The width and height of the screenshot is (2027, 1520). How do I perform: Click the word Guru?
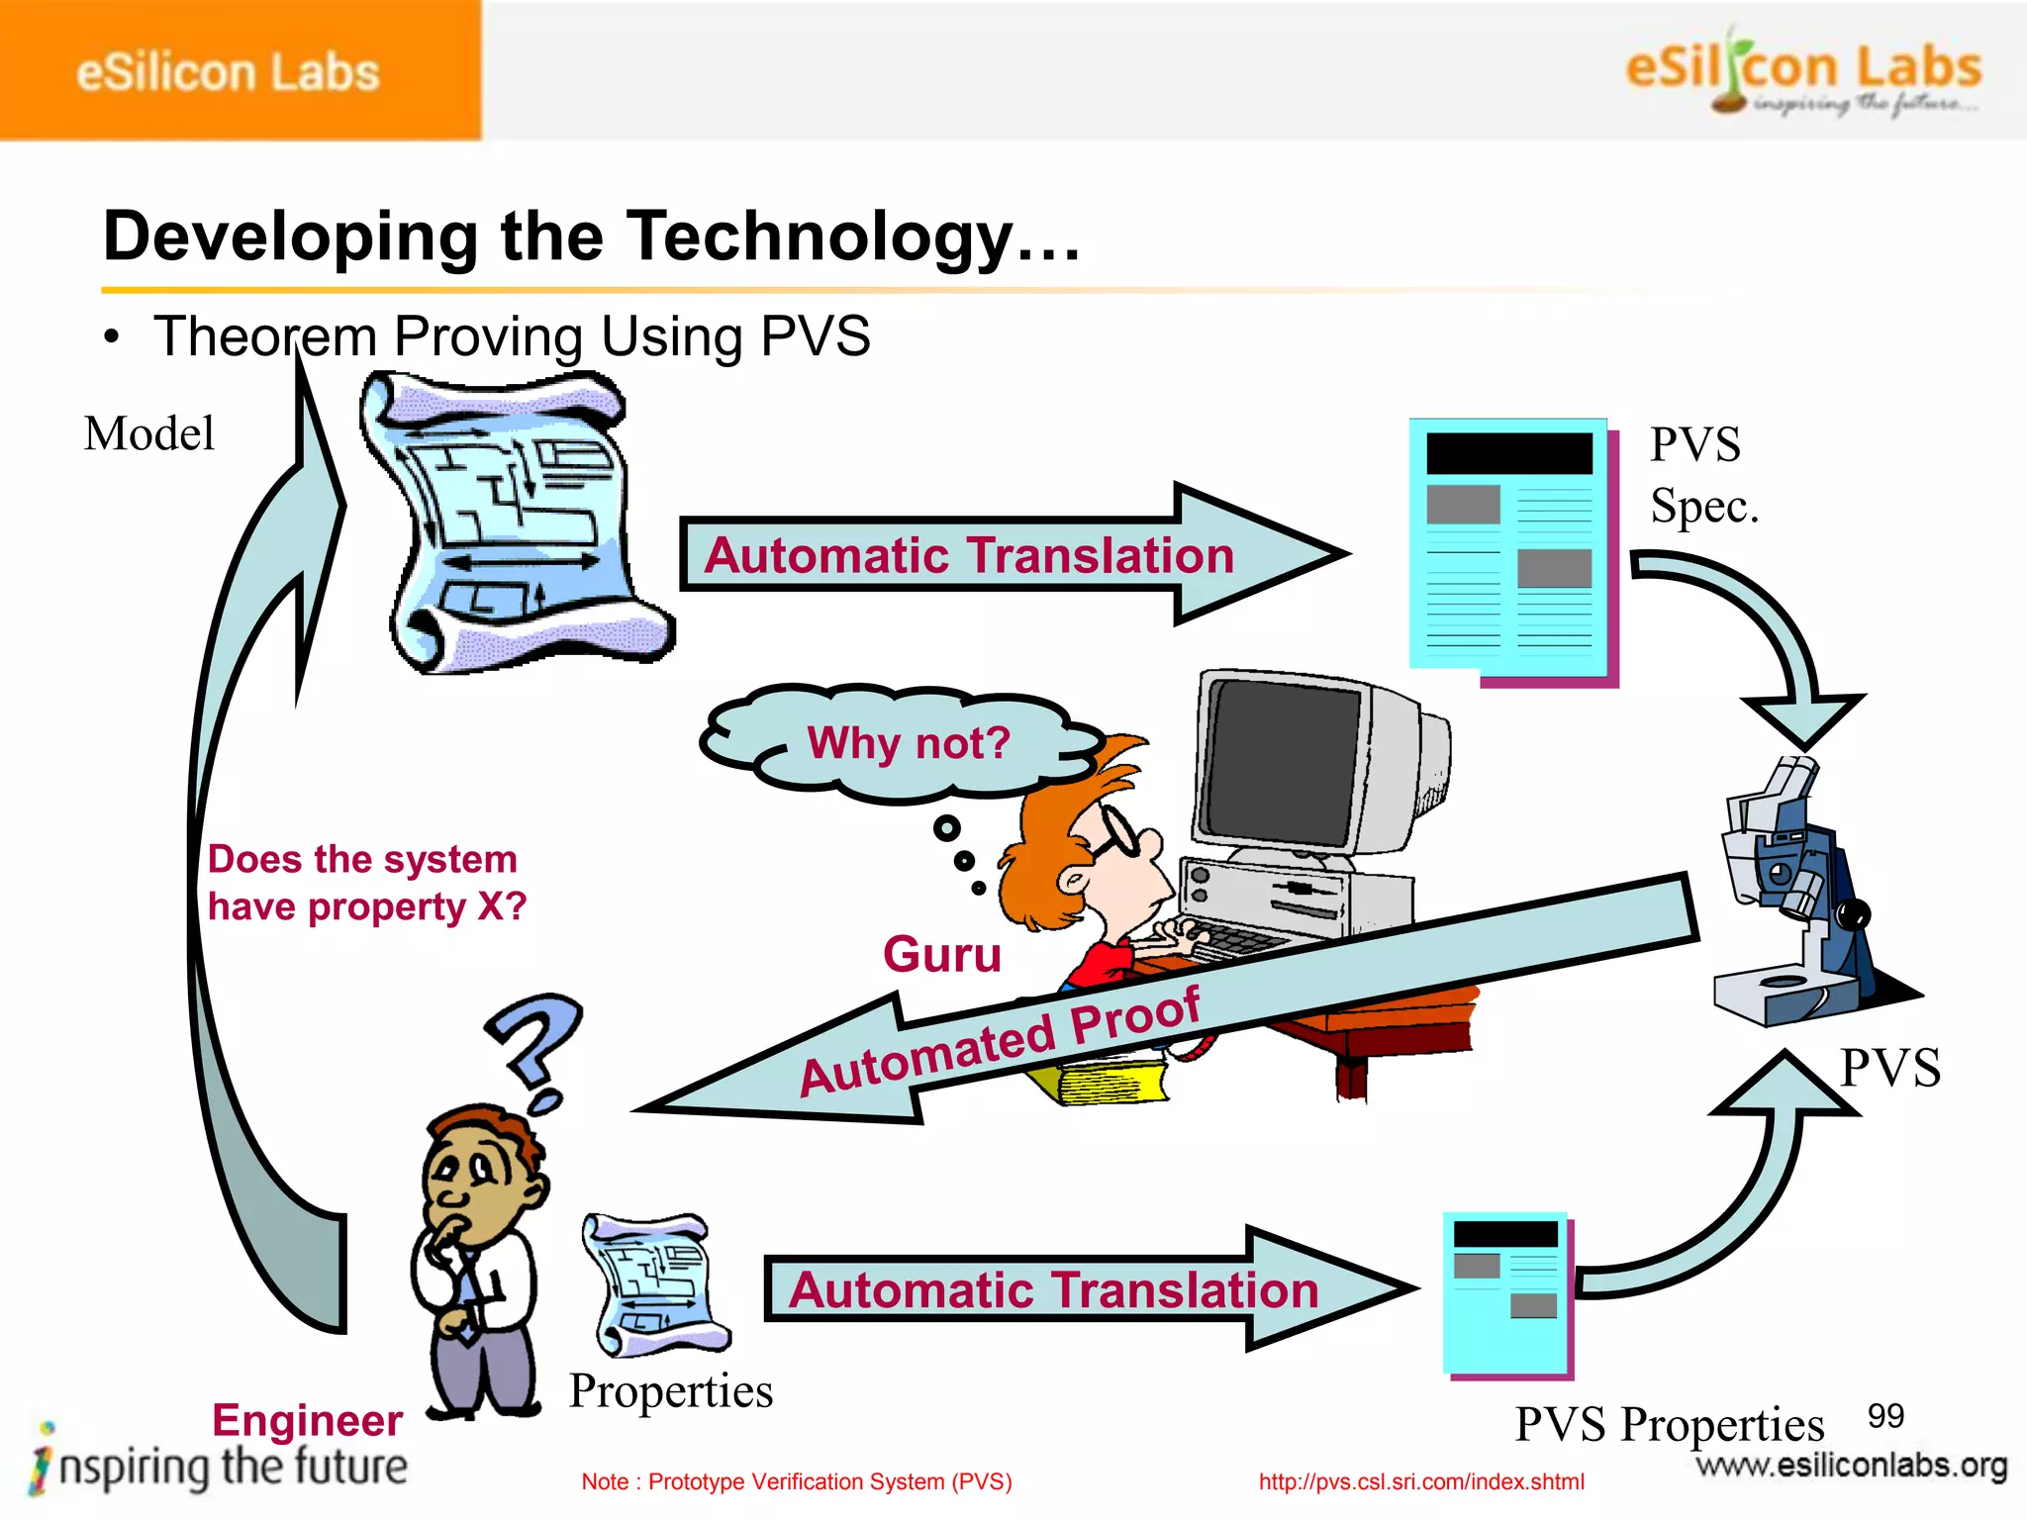[941, 955]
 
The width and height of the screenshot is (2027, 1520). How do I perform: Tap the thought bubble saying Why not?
[907, 743]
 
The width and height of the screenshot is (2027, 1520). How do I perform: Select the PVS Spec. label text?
[1702, 475]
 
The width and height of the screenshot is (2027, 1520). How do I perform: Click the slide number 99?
[1884, 1416]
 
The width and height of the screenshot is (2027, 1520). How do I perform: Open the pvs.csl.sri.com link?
[1421, 1481]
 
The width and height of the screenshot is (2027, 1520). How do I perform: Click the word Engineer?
[307, 1420]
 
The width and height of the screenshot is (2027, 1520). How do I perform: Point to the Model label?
[149, 433]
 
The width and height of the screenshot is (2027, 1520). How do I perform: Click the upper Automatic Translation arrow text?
[969, 555]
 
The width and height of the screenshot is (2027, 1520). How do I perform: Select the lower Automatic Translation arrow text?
[1053, 1290]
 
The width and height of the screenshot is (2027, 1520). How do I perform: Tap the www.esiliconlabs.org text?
[1851, 1465]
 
